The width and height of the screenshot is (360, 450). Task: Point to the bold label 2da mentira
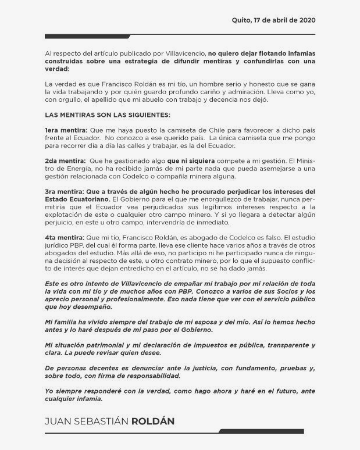coord(65,159)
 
